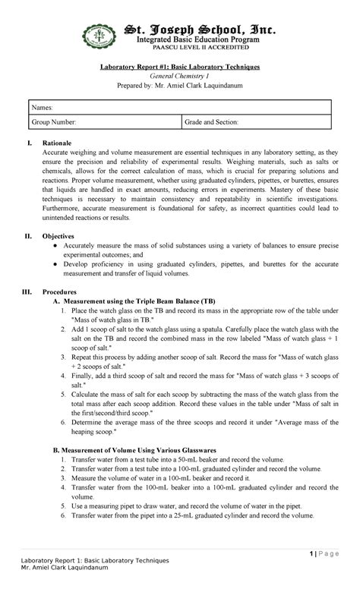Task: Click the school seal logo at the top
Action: (x=98, y=36)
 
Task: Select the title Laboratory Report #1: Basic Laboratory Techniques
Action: (x=181, y=67)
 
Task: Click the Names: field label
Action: (x=43, y=109)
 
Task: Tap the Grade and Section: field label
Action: (x=213, y=121)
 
